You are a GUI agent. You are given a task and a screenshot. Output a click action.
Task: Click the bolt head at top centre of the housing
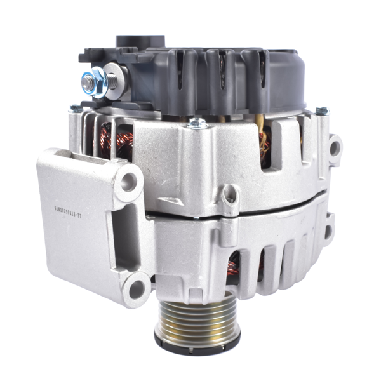coord(197,123)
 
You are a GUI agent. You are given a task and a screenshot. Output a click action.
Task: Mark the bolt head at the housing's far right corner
coord(322,112)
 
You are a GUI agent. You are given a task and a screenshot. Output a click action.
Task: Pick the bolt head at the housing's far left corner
coord(76,109)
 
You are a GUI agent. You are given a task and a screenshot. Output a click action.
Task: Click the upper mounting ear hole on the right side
coord(335,148)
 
